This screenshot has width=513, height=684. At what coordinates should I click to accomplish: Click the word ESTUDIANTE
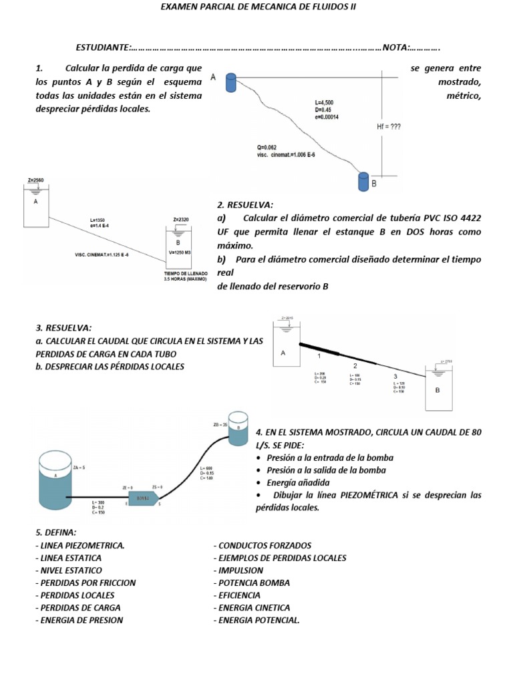coord(103,47)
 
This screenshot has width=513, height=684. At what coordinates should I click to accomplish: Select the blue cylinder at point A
coord(230,82)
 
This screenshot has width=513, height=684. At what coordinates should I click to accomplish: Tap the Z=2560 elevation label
coord(35,180)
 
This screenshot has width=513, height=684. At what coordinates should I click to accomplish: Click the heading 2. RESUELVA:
coord(245,204)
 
